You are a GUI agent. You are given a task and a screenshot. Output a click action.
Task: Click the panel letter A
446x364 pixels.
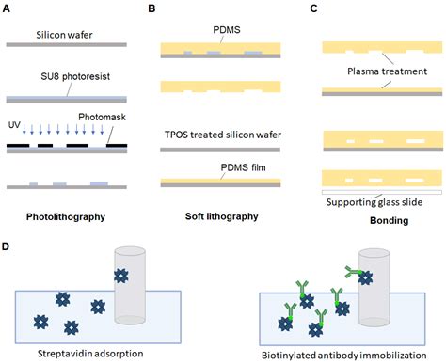(8, 8)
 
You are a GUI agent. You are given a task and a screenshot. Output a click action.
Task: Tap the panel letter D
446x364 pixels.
(8, 246)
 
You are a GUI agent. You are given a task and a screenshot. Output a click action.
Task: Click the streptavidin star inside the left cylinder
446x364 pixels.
(121, 276)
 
